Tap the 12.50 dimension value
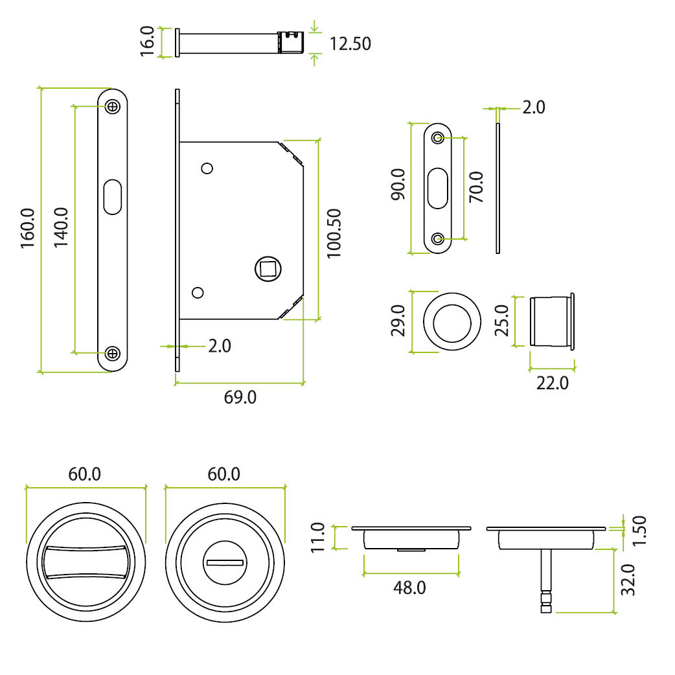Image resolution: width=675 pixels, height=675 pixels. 350,44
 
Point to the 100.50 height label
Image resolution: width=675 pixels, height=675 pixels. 334,233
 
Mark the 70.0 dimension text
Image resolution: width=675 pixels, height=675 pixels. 477,187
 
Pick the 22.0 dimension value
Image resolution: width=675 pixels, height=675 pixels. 552,383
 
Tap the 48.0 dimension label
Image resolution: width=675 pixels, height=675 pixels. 409,588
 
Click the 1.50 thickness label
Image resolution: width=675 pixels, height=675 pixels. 639,531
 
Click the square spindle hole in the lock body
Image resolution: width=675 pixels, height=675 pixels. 266,268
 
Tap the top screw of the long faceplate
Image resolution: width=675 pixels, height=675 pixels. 113,106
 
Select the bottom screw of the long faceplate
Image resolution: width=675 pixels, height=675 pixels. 113,353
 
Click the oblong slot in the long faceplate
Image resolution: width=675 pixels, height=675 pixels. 113,197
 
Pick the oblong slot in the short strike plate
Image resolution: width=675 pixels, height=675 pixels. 439,188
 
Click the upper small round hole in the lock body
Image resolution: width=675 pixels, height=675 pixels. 207,168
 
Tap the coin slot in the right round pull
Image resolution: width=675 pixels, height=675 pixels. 224,562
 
